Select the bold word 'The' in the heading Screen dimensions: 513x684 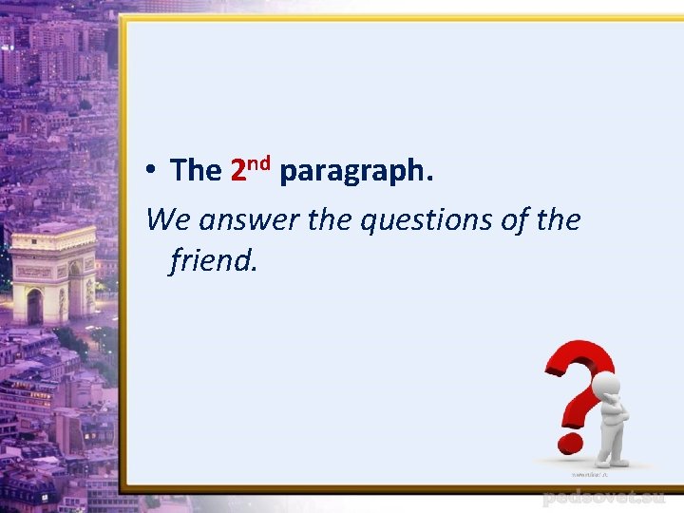click(x=196, y=171)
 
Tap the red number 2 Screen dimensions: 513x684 click(x=239, y=172)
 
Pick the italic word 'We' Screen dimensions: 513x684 click(x=168, y=220)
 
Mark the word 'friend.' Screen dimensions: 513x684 click(x=214, y=259)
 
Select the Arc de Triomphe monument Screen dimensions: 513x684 click(x=52, y=275)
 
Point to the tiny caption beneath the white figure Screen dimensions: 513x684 click(x=590, y=472)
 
